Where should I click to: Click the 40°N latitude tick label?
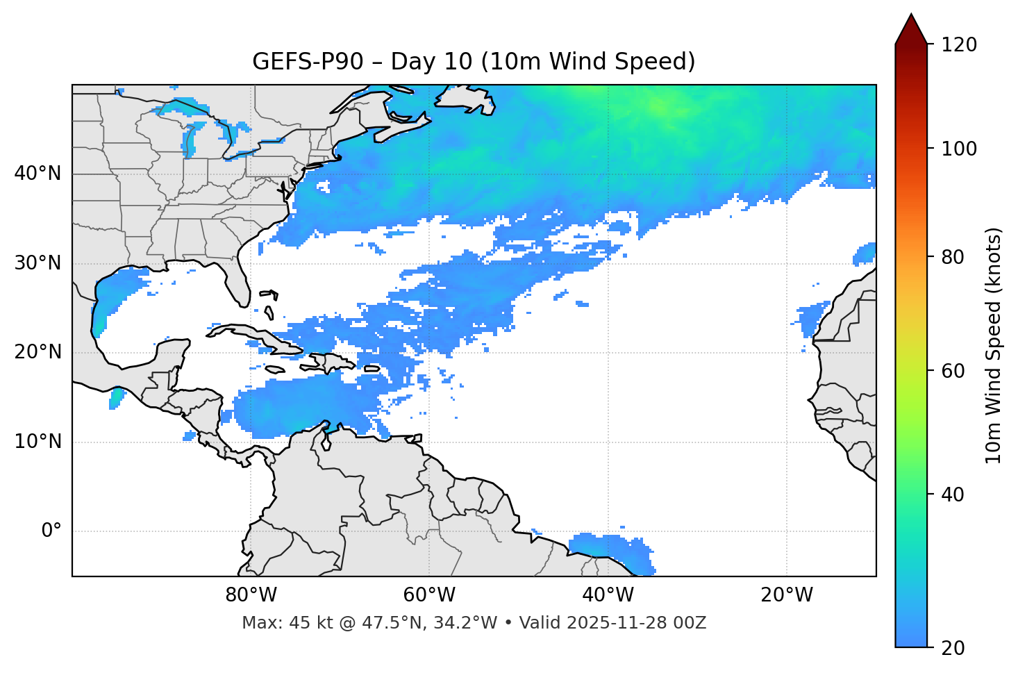[x=37, y=174]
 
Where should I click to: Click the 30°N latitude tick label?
[x=37, y=263]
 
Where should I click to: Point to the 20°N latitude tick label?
[x=37, y=352]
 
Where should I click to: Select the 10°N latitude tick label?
[x=37, y=442]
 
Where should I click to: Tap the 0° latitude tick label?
[x=51, y=531]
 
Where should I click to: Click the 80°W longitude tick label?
[x=251, y=595]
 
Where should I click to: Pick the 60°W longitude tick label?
[x=429, y=595]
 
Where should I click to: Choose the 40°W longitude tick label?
[x=608, y=595]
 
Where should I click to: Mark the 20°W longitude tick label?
[x=787, y=595]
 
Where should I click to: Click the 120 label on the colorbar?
[x=958, y=44]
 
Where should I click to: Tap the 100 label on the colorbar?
[x=958, y=149]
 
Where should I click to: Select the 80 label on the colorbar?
[x=953, y=257]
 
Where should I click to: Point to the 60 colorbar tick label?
[x=953, y=371]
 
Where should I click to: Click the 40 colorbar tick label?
[x=953, y=495]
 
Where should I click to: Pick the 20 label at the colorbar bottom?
[x=953, y=648]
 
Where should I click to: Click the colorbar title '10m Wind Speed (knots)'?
[x=994, y=345]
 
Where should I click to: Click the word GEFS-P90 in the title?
[x=308, y=62]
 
